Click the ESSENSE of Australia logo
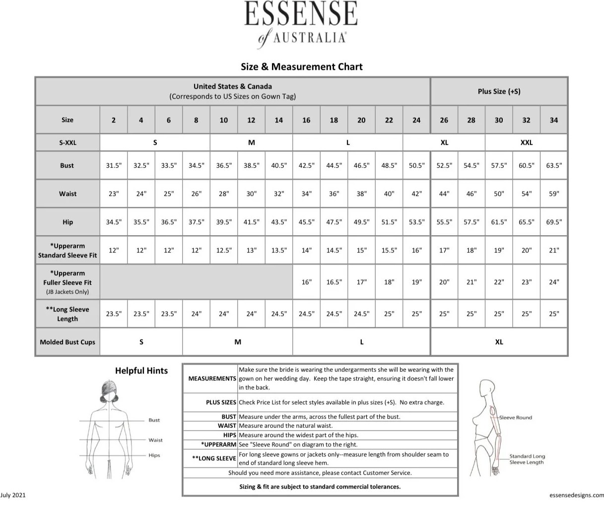pos(301,23)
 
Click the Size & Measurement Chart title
pos(301,66)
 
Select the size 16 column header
pos(306,120)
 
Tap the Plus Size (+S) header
pos(499,91)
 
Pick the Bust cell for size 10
pos(224,166)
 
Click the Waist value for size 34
pos(553,194)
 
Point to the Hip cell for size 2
pos(114,222)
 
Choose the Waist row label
pos(67,194)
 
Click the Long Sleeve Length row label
pos(67,314)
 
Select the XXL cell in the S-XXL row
pos(526,142)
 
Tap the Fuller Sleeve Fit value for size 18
pos(334,282)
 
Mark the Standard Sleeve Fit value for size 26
pos(444,251)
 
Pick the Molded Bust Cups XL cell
pos(499,342)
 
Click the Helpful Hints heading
pos(141,371)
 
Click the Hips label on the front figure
pos(154,455)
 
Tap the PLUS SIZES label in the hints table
pos(221,402)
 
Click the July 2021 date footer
pos(13,495)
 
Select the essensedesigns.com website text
pos(577,495)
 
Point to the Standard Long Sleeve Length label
pos(527,459)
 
